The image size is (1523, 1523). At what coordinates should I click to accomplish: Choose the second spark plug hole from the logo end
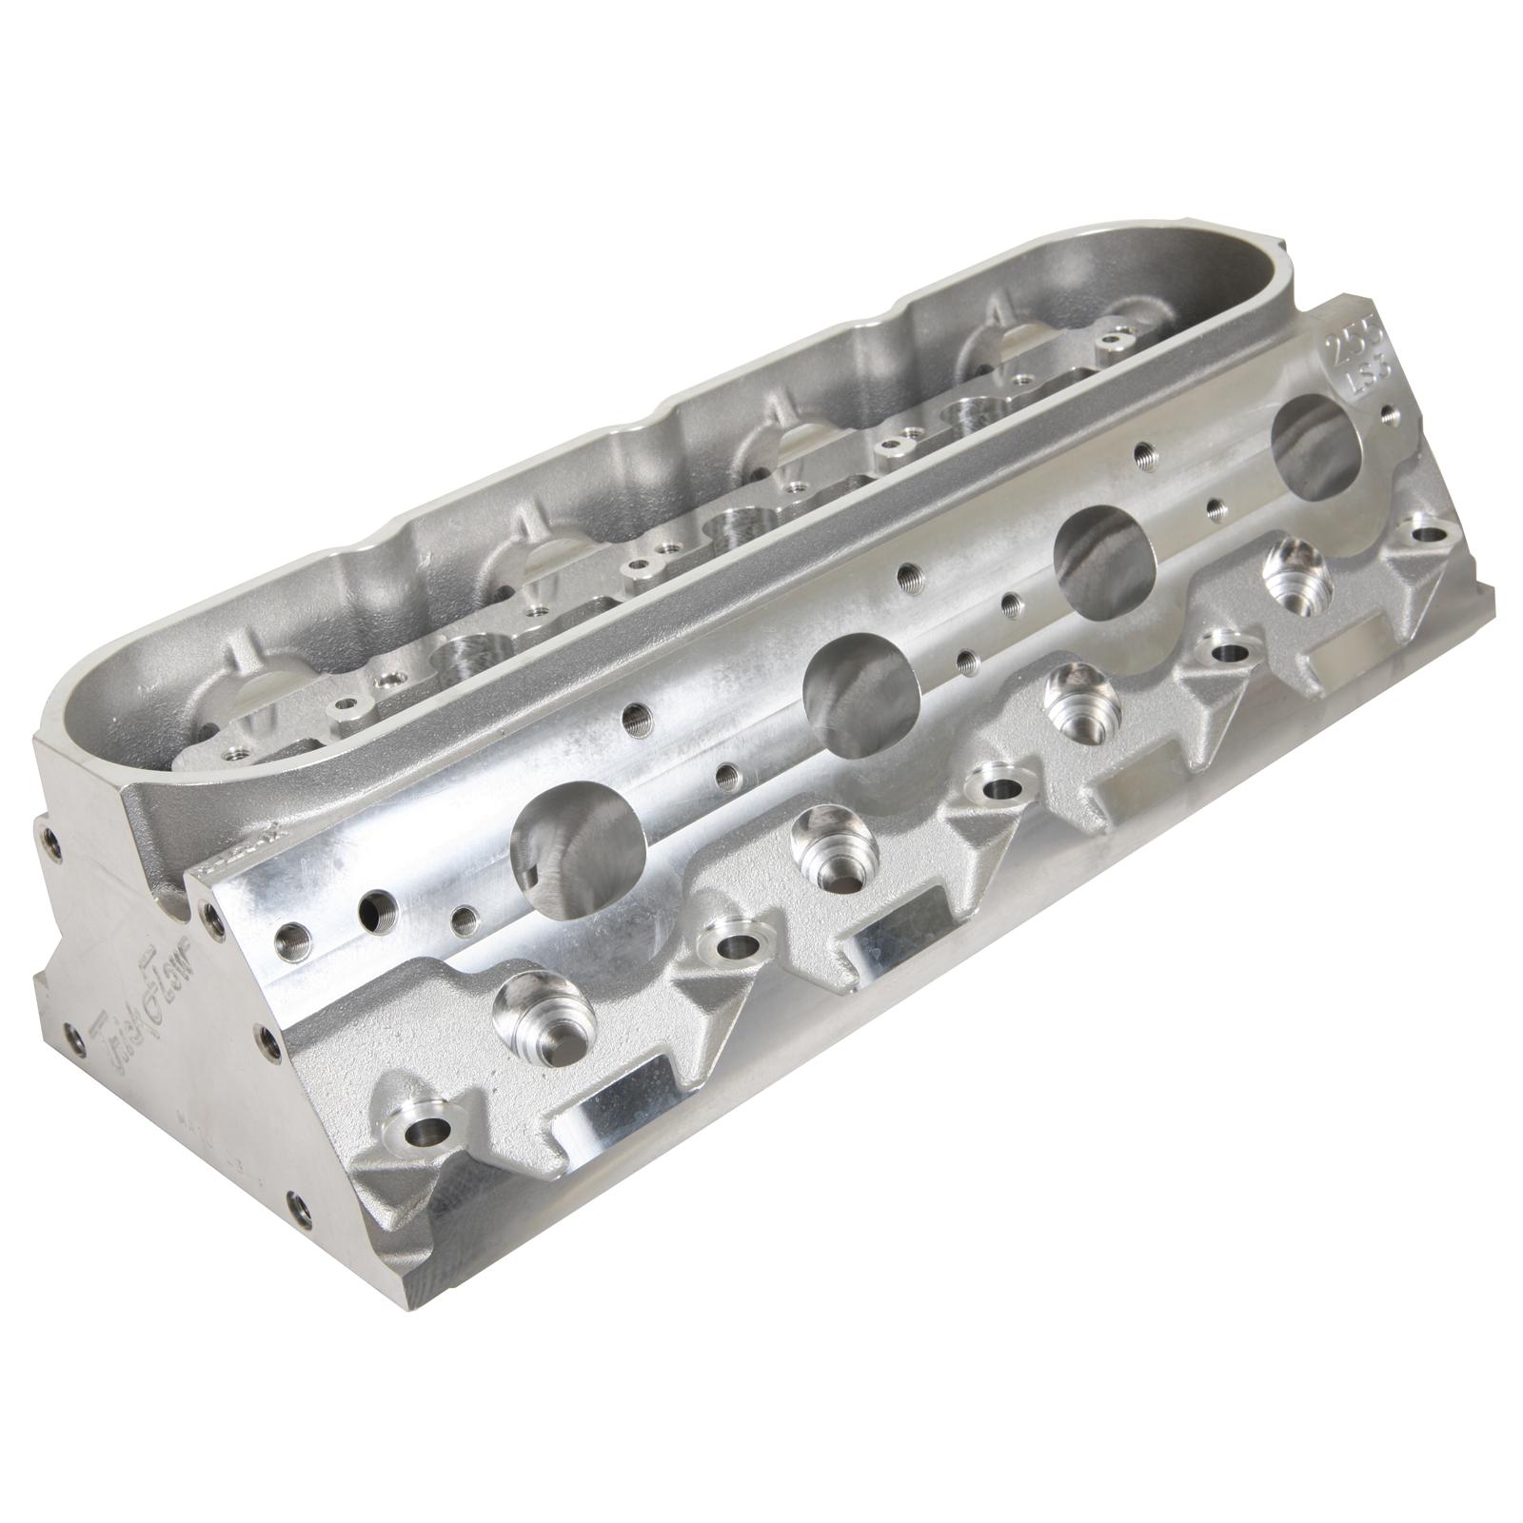click(x=825, y=840)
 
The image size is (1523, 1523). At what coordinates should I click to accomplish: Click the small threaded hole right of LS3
click(x=1391, y=415)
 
